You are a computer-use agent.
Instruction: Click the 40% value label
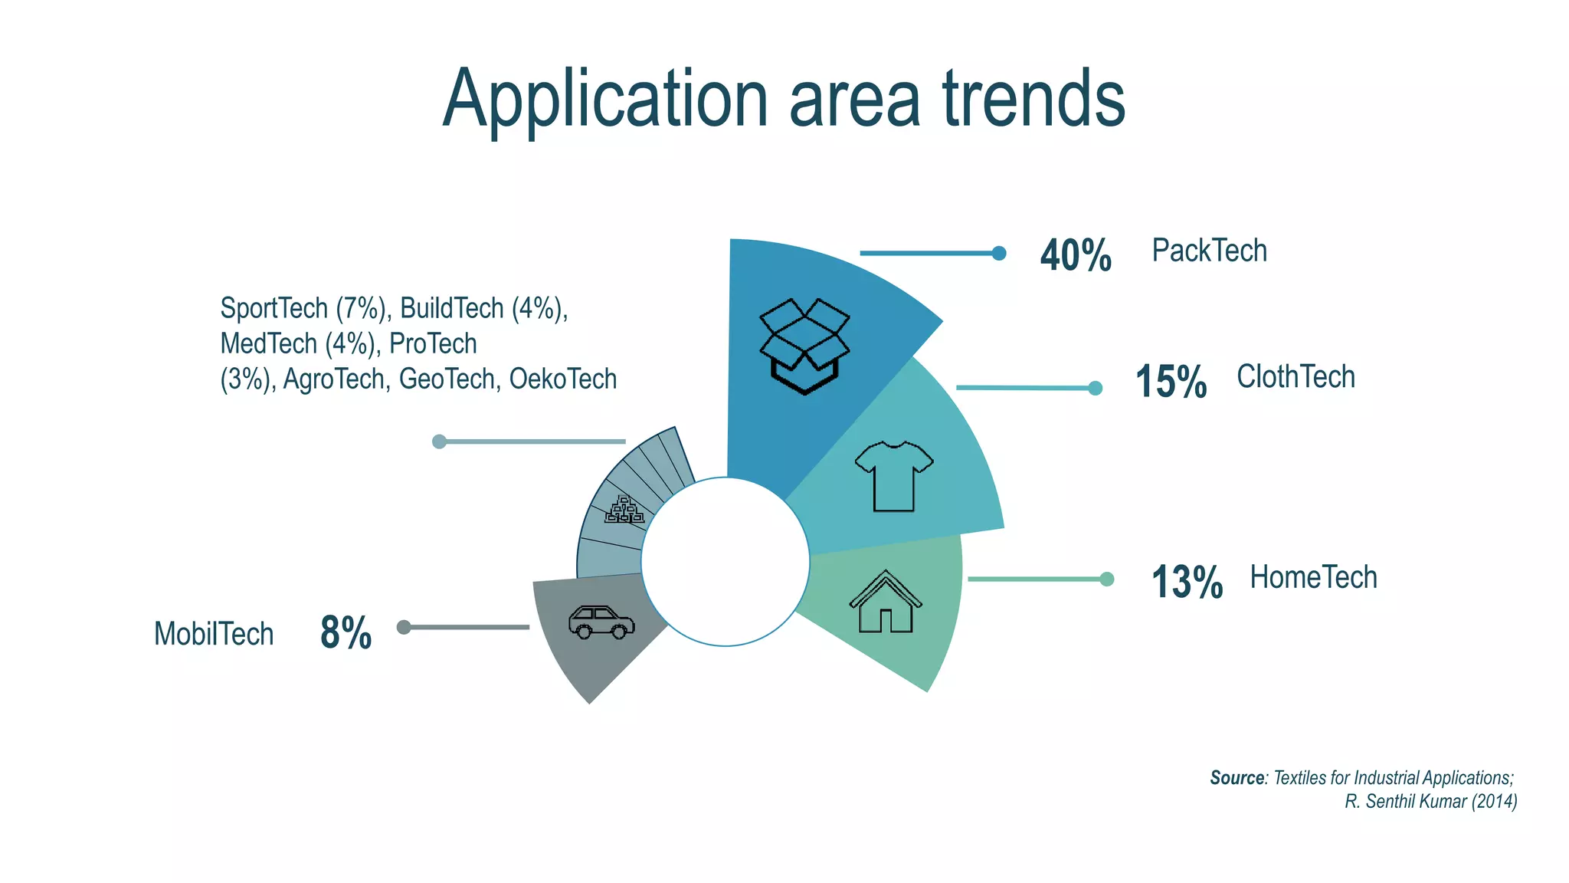point(1075,255)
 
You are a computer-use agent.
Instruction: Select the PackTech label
point(1209,251)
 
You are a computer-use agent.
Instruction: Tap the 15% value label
point(1171,382)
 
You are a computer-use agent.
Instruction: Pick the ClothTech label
point(1295,377)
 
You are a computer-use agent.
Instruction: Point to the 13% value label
point(1187,582)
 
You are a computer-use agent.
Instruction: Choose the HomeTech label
point(1313,577)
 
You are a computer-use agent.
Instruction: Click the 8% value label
point(346,633)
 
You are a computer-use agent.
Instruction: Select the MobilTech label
point(214,634)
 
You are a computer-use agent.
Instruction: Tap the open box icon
point(804,346)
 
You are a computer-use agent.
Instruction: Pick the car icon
point(601,622)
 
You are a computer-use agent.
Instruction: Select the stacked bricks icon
point(624,510)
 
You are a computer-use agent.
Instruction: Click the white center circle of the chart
point(726,562)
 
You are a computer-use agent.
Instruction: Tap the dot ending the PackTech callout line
point(998,253)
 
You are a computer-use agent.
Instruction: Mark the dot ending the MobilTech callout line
point(404,627)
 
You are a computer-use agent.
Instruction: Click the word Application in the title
point(605,100)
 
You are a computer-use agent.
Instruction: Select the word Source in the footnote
point(1237,778)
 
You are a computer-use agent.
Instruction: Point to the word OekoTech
point(563,379)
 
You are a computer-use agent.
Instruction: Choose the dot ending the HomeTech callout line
point(1106,579)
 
